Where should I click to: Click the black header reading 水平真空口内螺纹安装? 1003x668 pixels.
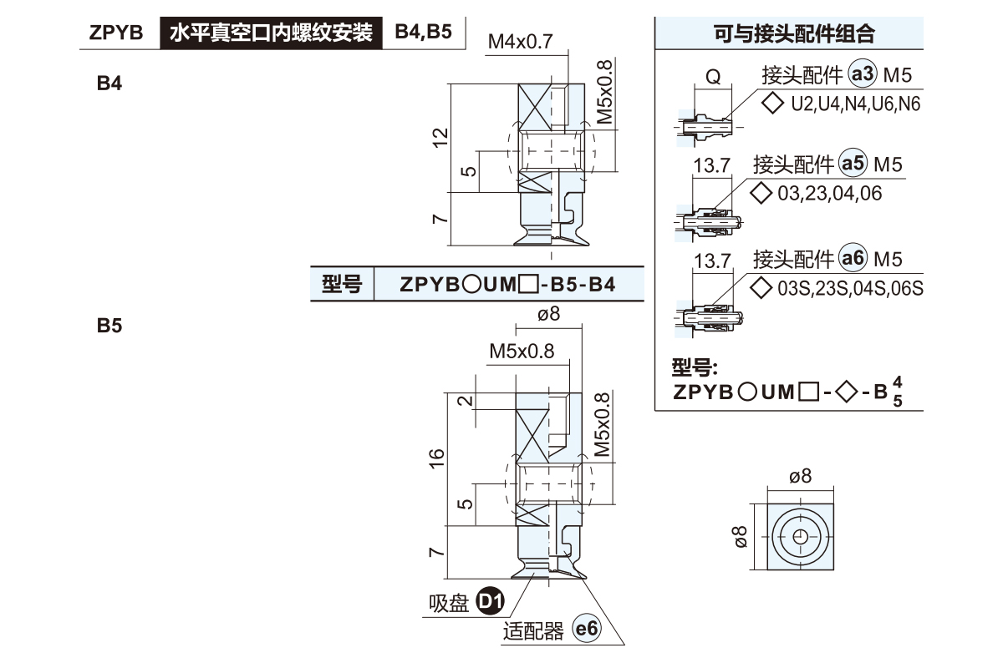click(271, 33)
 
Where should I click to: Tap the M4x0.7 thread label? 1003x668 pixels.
click(521, 42)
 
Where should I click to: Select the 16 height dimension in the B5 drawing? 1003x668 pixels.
click(436, 458)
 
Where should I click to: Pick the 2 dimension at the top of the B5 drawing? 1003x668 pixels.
click(466, 401)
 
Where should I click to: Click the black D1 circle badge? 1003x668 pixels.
click(490, 601)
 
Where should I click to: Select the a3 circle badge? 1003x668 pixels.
click(862, 75)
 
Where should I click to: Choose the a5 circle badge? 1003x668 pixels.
click(853, 164)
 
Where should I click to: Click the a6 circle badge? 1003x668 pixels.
click(853, 259)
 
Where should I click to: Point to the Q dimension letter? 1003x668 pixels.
click(713, 77)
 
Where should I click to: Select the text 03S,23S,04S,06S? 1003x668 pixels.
click(849, 289)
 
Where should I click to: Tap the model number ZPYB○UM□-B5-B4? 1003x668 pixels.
click(507, 285)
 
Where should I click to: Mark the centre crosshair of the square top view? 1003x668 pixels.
click(800, 536)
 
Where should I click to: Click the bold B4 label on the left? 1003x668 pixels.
click(109, 83)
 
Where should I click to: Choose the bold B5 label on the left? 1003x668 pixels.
click(109, 326)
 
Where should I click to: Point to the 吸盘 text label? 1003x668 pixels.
click(449, 602)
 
